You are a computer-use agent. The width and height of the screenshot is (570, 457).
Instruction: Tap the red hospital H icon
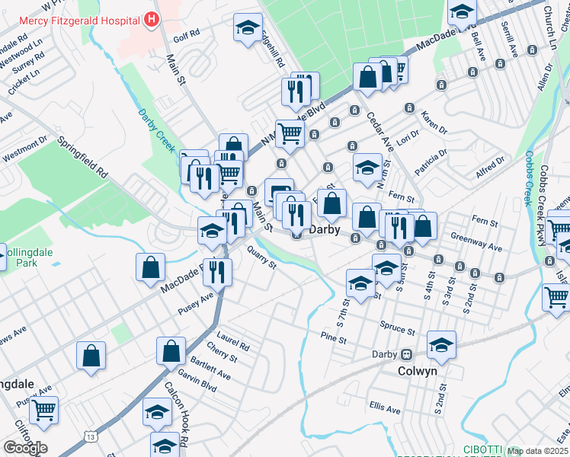coord(152,19)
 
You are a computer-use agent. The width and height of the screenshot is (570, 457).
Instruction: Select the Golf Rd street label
coord(185,34)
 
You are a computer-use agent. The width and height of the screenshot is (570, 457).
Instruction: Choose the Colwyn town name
coord(418,371)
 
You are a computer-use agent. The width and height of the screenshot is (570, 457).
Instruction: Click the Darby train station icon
coord(408,354)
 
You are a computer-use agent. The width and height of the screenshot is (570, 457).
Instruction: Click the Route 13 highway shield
coord(91,436)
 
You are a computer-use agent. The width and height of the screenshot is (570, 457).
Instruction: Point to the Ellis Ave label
coord(384,408)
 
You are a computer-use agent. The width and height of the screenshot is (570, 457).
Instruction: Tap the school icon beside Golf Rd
coord(245,29)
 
